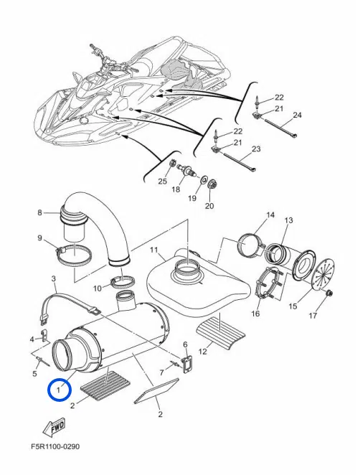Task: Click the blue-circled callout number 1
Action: (59, 389)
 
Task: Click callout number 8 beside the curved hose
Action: (40, 212)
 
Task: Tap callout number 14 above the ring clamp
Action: (270, 215)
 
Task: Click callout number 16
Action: (256, 314)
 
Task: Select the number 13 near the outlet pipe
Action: (289, 220)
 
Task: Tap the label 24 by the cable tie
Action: (297, 114)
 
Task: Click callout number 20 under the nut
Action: (209, 206)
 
